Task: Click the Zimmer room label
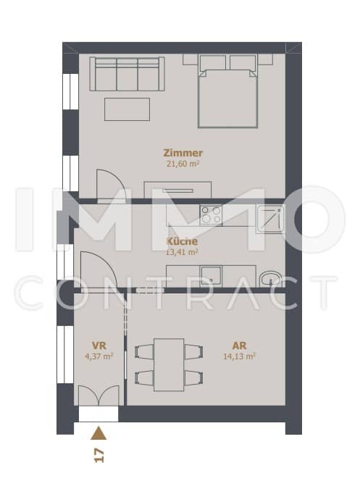(x=183, y=153)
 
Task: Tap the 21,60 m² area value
(x=183, y=164)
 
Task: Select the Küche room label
(x=182, y=241)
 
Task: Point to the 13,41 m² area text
(x=182, y=252)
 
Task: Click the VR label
(x=99, y=345)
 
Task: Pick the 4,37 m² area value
(x=99, y=356)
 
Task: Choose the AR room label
(x=239, y=345)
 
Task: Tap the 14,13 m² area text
(x=239, y=356)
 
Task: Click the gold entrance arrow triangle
(x=99, y=433)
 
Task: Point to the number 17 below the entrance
(x=99, y=456)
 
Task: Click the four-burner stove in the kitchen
(x=211, y=215)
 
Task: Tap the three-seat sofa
(x=127, y=74)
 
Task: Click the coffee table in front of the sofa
(x=127, y=109)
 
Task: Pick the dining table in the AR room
(x=169, y=365)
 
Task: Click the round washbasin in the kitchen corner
(x=270, y=279)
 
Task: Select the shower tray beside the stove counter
(x=270, y=218)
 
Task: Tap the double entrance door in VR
(x=99, y=396)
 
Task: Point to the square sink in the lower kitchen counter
(x=211, y=275)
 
